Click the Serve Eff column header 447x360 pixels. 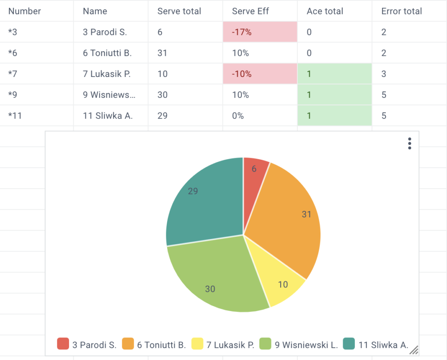point(250,11)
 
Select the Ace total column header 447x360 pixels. point(325,11)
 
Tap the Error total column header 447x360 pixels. point(402,11)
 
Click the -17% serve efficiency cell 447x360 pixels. point(260,32)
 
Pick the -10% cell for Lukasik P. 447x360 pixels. point(260,74)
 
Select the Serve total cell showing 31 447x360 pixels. point(185,53)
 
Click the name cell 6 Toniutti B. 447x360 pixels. point(110,53)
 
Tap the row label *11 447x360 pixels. point(15,115)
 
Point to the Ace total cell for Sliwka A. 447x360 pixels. point(335,115)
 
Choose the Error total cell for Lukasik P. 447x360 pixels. point(409,74)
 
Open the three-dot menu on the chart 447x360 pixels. point(409,143)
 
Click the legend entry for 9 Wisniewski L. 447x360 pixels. point(299,344)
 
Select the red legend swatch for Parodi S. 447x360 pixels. point(63,344)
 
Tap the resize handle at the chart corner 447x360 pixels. point(414,350)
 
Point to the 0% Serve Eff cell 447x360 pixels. point(260,115)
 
